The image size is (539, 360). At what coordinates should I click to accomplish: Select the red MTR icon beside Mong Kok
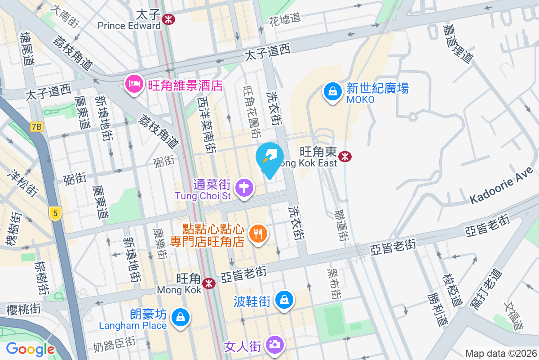coord(208,283)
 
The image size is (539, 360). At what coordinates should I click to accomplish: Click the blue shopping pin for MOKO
coord(332,91)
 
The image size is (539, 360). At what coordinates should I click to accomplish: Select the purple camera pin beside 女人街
coord(274,345)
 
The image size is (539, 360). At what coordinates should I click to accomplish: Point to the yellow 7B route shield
coord(36,127)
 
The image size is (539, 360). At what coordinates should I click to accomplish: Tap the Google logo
coord(30,349)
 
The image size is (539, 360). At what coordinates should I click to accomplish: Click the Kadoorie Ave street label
coord(501,186)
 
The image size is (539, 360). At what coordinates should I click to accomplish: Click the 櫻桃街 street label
coord(24,309)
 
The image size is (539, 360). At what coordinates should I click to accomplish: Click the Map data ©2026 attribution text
coord(500,353)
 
